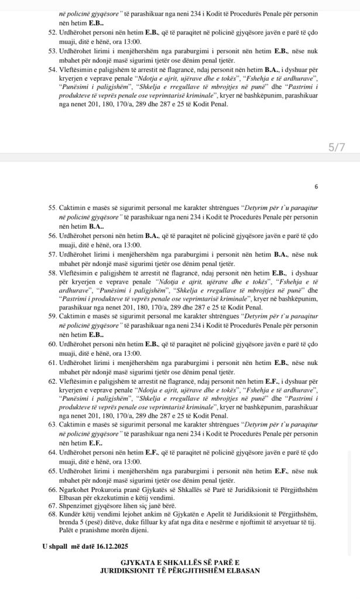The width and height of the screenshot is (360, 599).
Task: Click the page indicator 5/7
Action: (337, 147)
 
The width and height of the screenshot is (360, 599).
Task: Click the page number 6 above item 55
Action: (316, 187)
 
